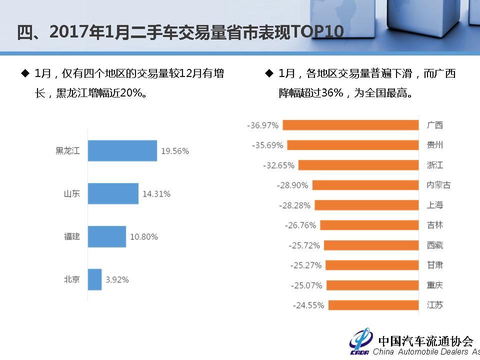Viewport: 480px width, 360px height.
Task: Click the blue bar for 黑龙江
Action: coord(122,150)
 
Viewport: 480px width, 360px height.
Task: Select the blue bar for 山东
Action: coord(113,193)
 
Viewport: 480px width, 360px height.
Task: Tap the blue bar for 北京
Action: coord(95,279)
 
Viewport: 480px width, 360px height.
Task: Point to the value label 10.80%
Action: coord(144,237)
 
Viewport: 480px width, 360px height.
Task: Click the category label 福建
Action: coord(71,236)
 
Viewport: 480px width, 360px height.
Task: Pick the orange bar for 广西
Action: coord(350,125)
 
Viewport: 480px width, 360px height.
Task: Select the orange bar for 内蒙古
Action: coord(366,185)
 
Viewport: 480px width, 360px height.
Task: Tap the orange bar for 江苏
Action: coord(373,305)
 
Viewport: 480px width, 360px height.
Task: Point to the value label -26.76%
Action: coord(300,225)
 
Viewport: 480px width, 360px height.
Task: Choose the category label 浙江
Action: coord(434,165)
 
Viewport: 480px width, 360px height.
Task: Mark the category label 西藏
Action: coord(434,245)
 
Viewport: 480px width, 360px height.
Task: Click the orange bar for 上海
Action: coord(366,205)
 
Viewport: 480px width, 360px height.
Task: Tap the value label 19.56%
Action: coord(175,151)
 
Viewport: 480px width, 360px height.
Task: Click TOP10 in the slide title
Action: coord(316,32)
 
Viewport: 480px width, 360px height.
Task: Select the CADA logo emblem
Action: coord(361,341)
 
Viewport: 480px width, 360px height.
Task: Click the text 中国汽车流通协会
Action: coord(425,340)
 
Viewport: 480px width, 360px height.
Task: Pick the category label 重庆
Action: coord(434,285)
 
